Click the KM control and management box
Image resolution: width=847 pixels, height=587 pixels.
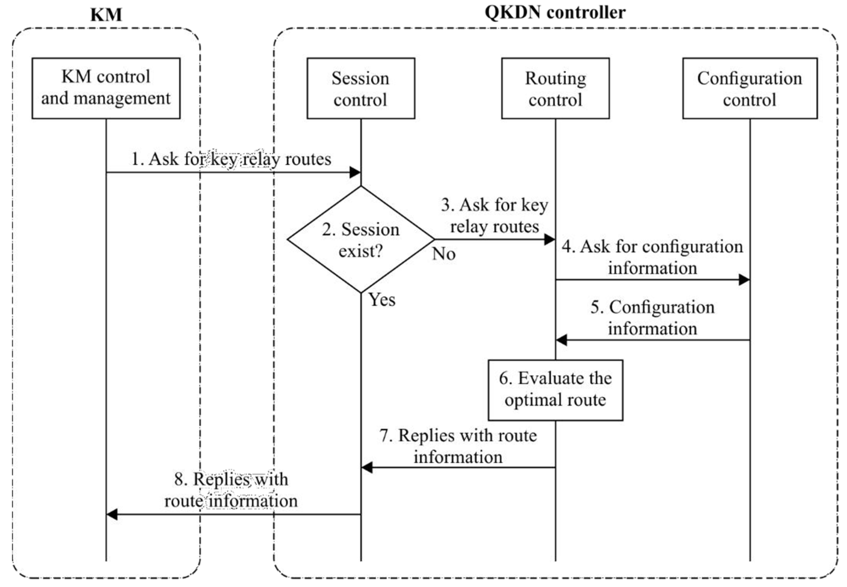106,88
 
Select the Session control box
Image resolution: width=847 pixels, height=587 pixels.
360,88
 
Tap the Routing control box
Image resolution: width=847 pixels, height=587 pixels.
555,88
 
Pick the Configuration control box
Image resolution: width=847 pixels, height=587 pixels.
750,88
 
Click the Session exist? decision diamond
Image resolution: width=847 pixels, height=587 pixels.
360,240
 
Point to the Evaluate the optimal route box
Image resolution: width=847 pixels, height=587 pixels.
555,390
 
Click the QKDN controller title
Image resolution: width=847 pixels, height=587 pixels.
555,12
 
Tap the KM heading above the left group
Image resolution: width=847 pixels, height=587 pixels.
106,15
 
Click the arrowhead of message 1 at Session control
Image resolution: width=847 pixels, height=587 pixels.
355,172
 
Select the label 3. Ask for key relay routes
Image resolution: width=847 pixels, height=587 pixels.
494,216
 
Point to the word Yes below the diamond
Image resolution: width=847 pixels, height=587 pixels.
382,299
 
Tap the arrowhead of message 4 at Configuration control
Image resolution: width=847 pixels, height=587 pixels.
744,280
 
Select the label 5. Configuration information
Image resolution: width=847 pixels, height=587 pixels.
652,317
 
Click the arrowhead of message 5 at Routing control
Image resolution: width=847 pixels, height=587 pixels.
561,340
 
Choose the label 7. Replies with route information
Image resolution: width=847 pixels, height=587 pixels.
458,446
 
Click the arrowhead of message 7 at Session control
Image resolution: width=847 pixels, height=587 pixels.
367,467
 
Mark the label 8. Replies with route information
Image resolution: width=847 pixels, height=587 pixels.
231,490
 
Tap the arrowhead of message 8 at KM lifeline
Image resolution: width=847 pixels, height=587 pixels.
112,514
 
